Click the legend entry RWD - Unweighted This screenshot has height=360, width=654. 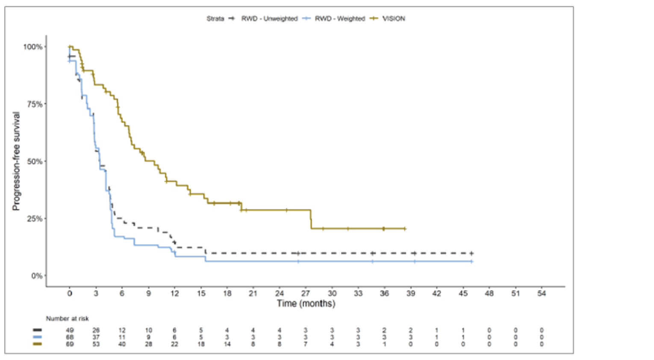(x=269, y=18)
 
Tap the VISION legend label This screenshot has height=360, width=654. (x=393, y=18)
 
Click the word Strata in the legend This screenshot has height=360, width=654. (x=215, y=18)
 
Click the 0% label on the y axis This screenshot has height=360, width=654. (x=37, y=276)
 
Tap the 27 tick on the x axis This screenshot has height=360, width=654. (x=306, y=293)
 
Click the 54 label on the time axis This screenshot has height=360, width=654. (x=542, y=293)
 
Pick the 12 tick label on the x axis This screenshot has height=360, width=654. (x=174, y=293)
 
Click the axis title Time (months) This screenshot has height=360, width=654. (x=306, y=304)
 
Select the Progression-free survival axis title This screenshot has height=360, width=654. (x=16, y=161)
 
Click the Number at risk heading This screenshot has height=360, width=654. (x=67, y=319)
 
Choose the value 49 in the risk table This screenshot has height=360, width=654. (x=70, y=330)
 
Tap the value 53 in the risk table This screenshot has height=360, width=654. (x=96, y=344)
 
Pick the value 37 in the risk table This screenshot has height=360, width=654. (x=96, y=337)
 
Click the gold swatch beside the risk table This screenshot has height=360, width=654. (x=38, y=344)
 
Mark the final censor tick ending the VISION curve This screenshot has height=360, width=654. (x=404, y=229)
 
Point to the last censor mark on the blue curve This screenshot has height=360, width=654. (x=471, y=261)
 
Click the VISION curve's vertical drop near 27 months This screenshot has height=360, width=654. (x=311, y=219)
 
